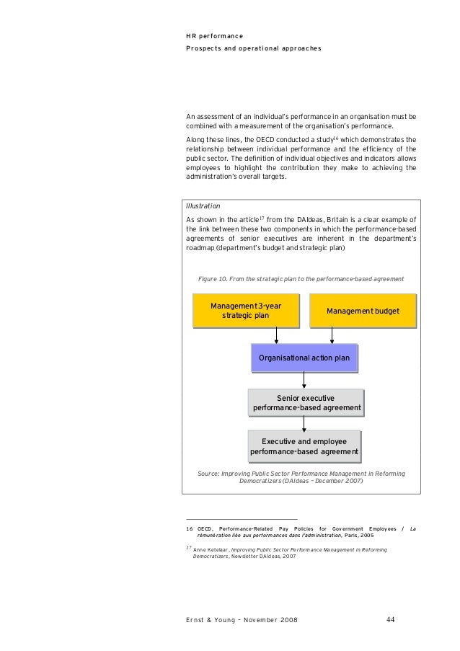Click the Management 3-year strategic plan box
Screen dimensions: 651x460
pyautogui.click(x=245, y=311)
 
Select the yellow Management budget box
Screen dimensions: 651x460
pyautogui.click(x=362, y=311)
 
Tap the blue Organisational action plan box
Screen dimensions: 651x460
pyautogui.click(x=304, y=358)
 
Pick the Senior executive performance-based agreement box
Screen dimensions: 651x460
pyautogui.click(x=305, y=403)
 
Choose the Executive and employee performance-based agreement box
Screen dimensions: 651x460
pyautogui.click(x=304, y=446)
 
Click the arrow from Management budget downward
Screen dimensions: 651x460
pyautogui.click(x=332, y=335)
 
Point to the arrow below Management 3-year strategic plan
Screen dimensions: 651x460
pyautogui.click(x=277, y=335)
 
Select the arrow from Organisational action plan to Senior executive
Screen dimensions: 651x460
pyautogui.click(x=304, y=381)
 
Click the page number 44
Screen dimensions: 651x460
pyautogui.click(x=389, y=619)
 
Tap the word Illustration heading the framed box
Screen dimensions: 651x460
pyautogui.click(x=203, y=205)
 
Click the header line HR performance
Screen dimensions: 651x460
pyautogui.click(x=214, y=35)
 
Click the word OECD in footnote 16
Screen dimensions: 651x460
pyautogui.click(x=205, y=529)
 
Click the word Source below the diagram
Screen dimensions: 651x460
pyautogui.click(x=208, y=474)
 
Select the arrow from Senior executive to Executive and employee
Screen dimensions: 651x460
pyautogui.click(x=304, y=424)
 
